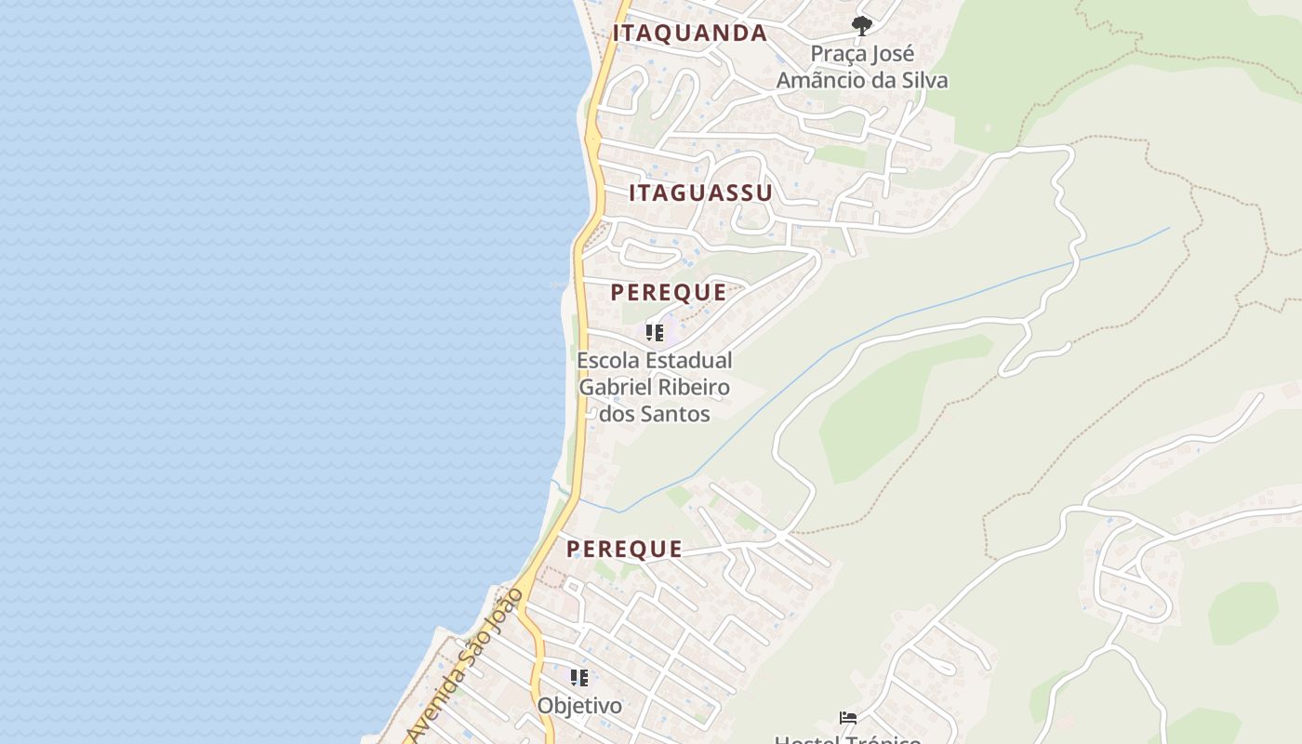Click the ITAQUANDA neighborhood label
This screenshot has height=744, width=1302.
[x=689, y=33]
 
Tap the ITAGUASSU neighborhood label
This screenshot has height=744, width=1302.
[x=700, y=193]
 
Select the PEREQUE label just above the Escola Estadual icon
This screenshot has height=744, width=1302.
[x=668, y=292]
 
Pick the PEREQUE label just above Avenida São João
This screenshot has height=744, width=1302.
[x=624, y=549]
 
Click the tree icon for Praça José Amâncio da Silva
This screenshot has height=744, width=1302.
[x=862, y=25]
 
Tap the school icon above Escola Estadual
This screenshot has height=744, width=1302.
[x=655, y=332]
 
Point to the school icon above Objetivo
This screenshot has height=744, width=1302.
[x=579, y=678]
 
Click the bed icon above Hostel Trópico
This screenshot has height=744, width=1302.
[x=847, y=718]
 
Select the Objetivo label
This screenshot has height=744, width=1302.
[x=579, y=706]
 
